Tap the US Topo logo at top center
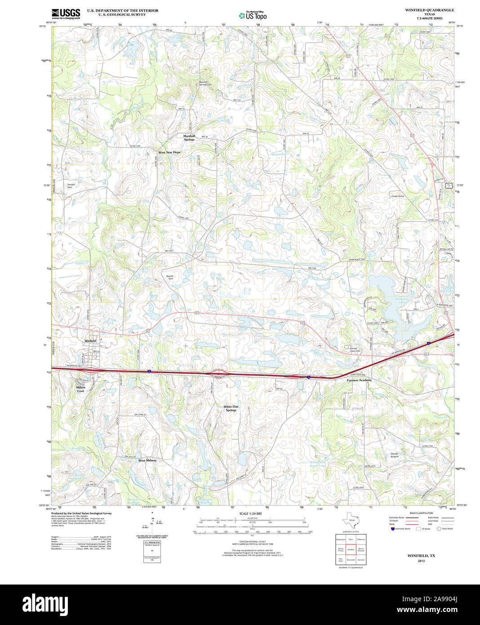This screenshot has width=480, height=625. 253,15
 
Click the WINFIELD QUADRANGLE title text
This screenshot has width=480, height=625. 429,10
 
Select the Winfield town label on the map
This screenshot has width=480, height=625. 90,341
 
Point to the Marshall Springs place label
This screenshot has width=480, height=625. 189,138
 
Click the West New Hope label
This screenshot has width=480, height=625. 169,152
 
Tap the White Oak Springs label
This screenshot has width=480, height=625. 231,408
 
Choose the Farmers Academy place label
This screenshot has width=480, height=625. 359,380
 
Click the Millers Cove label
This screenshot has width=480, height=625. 80,389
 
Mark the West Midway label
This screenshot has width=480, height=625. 147,460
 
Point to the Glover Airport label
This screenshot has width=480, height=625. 394,455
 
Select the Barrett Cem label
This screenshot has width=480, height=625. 170,277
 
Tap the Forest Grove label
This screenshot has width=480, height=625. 397,196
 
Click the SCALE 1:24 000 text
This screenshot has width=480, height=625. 250,513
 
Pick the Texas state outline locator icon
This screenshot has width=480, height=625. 351,521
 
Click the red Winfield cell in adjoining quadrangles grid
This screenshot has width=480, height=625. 351,549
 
